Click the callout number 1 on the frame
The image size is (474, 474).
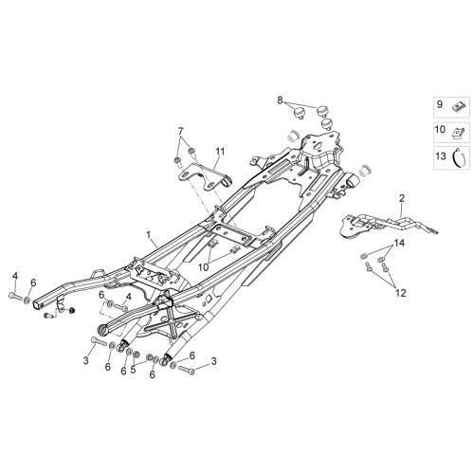pos(148,235)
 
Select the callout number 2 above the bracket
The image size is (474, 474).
pos(402,198)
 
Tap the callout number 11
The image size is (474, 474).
pos(220,152)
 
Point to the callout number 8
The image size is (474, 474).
pos(280,100)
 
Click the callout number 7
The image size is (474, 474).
pos(180,131)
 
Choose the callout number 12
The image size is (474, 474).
pos(400,293)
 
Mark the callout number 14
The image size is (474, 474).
pos(399,243)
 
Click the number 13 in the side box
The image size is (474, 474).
pos(441,155)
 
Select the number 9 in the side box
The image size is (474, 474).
pos(440,104)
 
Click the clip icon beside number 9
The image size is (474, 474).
pos(457,106)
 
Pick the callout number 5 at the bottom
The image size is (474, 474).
pos(133,369)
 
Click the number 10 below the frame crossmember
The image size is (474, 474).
pos(204,267)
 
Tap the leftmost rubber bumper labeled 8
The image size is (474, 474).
pos(299,113)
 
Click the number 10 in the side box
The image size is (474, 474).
pos(440,129)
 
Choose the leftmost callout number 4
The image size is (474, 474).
pos(15,276)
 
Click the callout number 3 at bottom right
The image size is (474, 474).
pos(214,361)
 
